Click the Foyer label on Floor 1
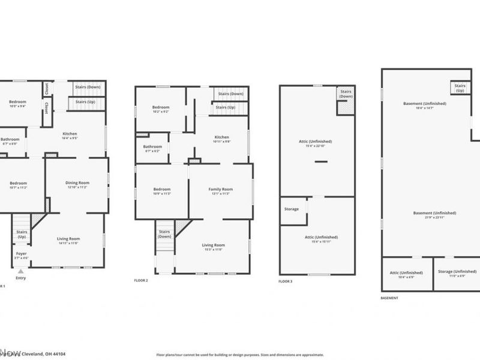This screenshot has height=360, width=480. point(21,253)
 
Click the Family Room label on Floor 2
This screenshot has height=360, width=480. point(221,189)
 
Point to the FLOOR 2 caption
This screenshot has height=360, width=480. point(140,280)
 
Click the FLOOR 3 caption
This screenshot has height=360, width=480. point(286,281)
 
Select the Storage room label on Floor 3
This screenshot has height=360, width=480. point(292,209)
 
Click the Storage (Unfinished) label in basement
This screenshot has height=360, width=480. point(453,272)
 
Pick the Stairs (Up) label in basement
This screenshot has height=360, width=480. point(460,88)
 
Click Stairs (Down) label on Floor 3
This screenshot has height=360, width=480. point(346,94)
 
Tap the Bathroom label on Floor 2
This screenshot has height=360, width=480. point(152,146)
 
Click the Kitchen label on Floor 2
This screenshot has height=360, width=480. point(221,137)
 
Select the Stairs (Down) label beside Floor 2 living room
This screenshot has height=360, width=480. point(164,234)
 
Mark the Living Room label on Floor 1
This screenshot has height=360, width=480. point(68,239)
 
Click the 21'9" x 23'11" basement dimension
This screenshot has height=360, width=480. point(434,217)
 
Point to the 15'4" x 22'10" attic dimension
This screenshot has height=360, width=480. point(316,146)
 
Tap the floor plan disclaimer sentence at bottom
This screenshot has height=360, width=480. point(239,355)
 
